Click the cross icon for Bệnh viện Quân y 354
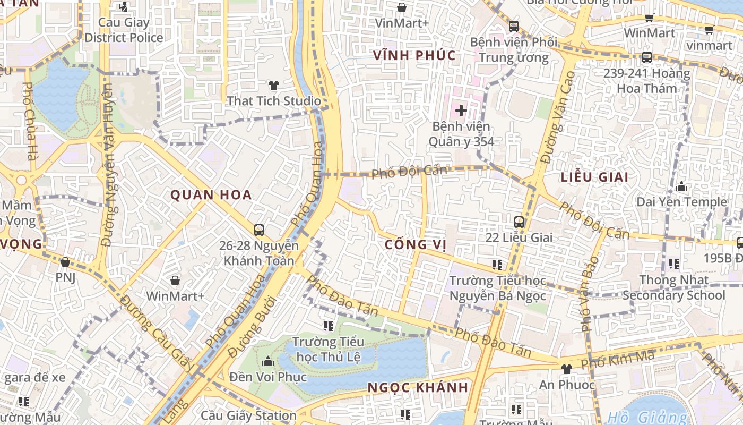click(x=461, y=110)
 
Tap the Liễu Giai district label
click(x=594, y=177)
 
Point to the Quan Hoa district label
click(x=211, y=195)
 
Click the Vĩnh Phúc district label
click(x=414, y=55)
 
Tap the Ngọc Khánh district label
click(x=418, y=387)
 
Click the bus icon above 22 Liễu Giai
click(x=519, y=222)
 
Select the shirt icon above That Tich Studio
click(x=273, y=85)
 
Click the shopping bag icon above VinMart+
click(x=402, y=7)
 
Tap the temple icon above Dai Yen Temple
click(x=681, y=186)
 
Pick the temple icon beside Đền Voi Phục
click(x=268, y=361)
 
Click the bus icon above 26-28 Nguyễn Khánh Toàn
click(x=258, y=230)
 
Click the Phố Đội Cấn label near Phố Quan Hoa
click(x=409, y=171)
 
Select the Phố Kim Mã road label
click(x=617, y=360)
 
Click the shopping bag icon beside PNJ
click(x=65, y=262)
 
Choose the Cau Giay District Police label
click(x=124, y=30)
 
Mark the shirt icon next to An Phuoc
click(x=566, y=369)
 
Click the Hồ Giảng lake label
click(x=646, y=418)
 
